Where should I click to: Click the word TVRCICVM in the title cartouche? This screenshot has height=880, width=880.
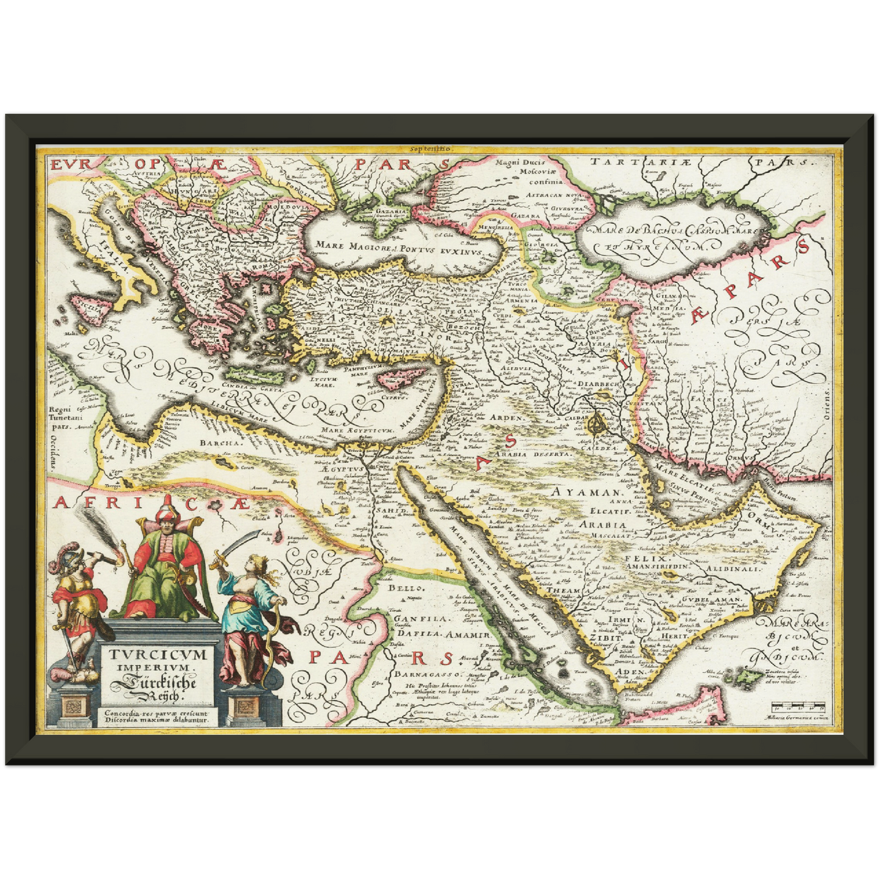(158, 655)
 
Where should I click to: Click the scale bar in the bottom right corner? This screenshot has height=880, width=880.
(797, 708)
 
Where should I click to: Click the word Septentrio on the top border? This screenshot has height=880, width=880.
(430, 149)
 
